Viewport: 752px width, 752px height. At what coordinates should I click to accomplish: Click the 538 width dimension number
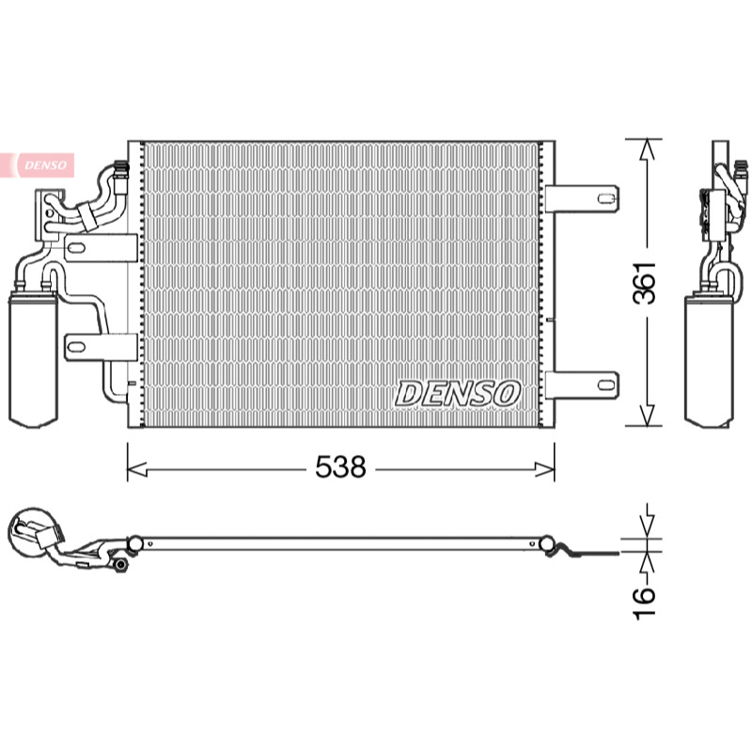click(340, 466)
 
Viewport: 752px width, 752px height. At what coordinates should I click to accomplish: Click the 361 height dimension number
click(644, 283)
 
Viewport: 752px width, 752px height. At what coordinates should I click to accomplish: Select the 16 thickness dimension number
click(644, 603)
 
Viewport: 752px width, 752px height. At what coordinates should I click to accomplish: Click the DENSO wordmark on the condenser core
click(457, 394)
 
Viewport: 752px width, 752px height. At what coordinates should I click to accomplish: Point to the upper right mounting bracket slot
click(605, 197)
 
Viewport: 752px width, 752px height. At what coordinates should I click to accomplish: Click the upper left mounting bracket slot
click(76, 248)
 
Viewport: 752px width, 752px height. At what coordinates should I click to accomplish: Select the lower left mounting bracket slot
click(76, 347)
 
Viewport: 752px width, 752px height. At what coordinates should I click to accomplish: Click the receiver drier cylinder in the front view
click(33, 361)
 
